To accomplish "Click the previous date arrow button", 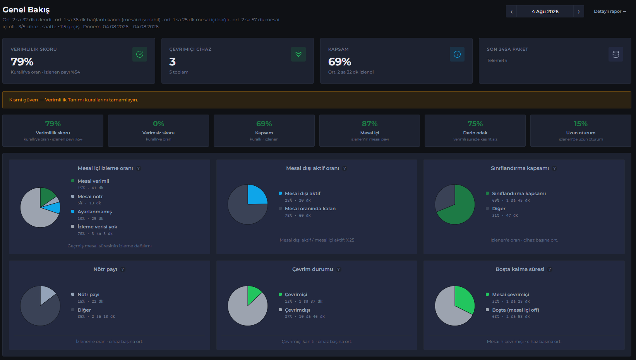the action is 511,11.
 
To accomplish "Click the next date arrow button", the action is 579,11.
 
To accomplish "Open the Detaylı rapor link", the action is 610,11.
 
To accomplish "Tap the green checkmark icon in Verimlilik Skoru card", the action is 140,54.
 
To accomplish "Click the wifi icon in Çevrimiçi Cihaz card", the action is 298,54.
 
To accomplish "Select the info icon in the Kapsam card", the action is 457,54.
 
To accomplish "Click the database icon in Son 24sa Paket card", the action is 616,54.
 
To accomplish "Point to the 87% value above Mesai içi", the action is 370,124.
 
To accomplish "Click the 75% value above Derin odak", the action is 475,124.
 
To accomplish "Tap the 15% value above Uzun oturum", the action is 581,124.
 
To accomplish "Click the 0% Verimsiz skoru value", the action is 158,124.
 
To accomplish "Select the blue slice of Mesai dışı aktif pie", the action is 256,195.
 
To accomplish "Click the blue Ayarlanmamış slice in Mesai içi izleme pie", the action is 53,208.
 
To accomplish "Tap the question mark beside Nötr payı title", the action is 123,269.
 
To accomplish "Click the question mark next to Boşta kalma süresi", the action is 550,269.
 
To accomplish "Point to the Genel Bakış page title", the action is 26,10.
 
